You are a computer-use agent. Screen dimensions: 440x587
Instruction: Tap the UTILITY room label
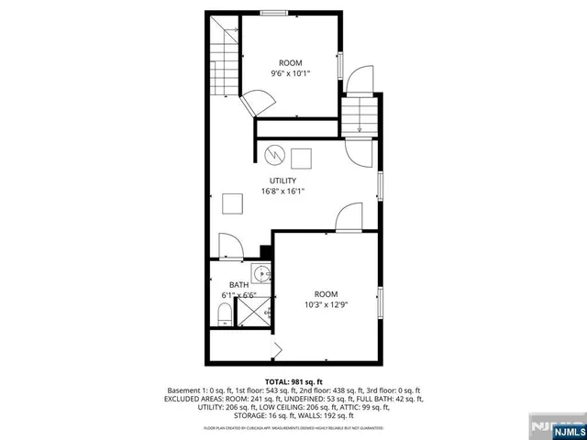[x=282, y=181]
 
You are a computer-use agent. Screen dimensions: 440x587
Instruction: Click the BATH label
[x=238, y=285]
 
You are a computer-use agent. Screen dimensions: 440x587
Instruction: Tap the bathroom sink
[x=263, y=274]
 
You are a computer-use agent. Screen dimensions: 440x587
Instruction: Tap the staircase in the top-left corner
[x=221, y=60]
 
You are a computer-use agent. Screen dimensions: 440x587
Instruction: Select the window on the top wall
[x=272, y=13]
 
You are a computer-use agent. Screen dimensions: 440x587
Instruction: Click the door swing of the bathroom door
[x=229, y=247]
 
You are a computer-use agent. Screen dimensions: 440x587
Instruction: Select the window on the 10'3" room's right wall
[x=381, y=303]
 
